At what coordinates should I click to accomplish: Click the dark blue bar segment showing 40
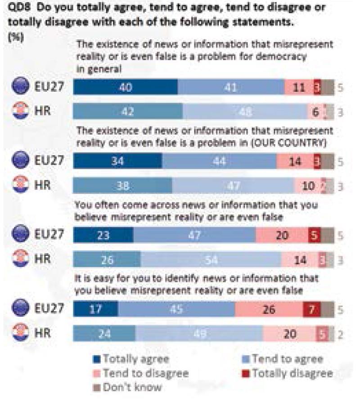(x=126, y=87)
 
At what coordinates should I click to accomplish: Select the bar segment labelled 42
(x=128, y=112)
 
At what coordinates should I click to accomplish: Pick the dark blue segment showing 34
(x=117, y=161)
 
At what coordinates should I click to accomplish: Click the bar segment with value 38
(x=122, y=186)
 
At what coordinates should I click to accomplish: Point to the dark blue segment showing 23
(x=103, y=235)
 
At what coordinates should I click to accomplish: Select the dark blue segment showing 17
(x=95, y=310)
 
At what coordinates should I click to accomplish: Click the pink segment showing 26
(x=269, y=310)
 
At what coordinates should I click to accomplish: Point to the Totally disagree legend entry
(x=288, y=373)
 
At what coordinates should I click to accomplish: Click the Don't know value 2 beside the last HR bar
(x=341, y=335)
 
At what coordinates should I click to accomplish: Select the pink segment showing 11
(x=298, y=87)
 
